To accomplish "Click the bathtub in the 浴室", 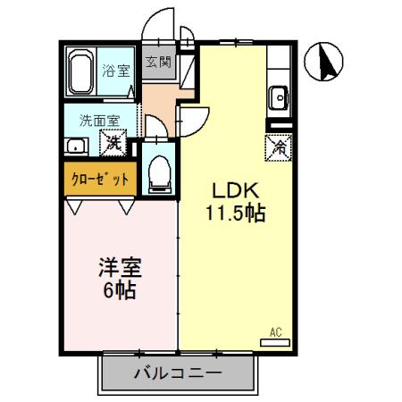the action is [80, 71].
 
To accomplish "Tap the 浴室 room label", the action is [116, 71].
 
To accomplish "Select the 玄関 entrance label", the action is [158, 63].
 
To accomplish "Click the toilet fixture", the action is [160, 175].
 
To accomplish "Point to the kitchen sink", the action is [279, 97].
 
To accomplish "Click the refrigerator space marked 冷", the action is [279, 147].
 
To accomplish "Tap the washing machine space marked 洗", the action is [113, 143].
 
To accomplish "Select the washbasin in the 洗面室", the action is [76, 147].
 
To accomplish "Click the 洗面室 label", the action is [100, 121].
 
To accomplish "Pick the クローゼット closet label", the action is [100, 180].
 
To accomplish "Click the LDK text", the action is [235, 190].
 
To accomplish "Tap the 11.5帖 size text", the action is [236, 213].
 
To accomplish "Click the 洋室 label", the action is [121, 267].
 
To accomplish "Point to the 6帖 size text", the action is [120, 290].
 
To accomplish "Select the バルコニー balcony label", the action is [178, 373].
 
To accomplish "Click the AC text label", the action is [276, 332].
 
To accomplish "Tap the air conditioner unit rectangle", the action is [275, 343].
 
